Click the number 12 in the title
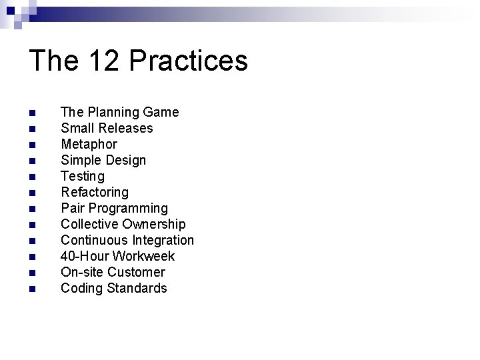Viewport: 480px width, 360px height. pos(104,61)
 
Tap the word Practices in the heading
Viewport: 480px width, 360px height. pos(189,61)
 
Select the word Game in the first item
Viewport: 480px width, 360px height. pos(162,112)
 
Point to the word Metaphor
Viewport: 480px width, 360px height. pos(89,144)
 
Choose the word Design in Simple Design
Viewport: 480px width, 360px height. pos(125,160)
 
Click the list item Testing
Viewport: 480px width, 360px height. pos(83,176)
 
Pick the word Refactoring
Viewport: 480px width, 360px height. pos(95,192)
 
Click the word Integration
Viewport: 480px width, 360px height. pos(164,240)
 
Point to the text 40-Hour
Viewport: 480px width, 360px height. pos(85,256)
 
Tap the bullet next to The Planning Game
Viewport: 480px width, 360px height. pos(31,112)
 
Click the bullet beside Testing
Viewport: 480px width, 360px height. pos(31,176)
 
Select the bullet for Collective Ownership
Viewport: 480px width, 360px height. pos(31,224)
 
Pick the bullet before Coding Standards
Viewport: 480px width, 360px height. pos(31,288)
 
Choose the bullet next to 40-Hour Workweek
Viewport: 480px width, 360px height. pos(31,256)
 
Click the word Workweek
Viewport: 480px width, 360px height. pos(143,256)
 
